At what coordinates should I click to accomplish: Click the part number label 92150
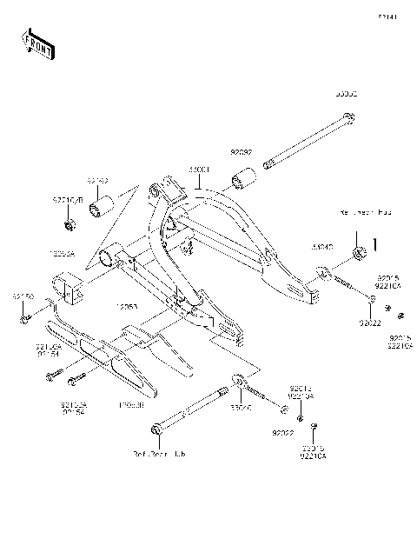coord(22,296)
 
